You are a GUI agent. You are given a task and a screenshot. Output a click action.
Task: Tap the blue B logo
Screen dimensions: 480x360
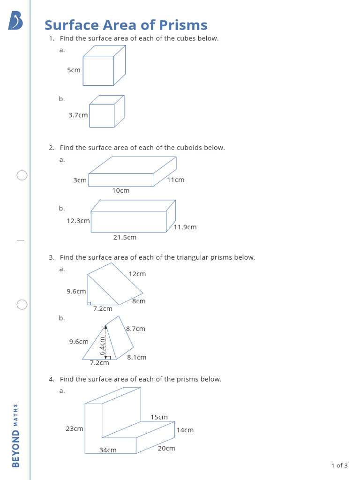pyautogui.click(x=15, y=21)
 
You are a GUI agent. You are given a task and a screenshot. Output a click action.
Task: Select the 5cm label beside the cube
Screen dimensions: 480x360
pyautogui.click(x=74, y=70)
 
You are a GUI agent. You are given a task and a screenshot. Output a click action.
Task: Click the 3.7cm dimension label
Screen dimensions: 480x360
pyautogui.click(x=78, y=115)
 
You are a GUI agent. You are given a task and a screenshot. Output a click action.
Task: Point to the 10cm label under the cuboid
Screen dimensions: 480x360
pyautogui.click(x=121, y=191)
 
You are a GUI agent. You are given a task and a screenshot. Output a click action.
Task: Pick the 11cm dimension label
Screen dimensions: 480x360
pyautogui.click(x=176, y=180)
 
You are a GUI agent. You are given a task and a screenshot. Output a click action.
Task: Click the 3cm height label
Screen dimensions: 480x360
pyautogui.click(x=80, y=180)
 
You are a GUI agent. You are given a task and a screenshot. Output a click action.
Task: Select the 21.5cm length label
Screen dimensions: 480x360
pyautogui.click(x=125, y=238)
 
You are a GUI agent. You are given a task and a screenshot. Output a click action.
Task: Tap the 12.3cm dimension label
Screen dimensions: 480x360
pyautogui.click(x=78, y=221)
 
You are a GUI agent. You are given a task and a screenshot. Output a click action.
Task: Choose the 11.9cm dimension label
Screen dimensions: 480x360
pyautogui.click(x=185, y=227)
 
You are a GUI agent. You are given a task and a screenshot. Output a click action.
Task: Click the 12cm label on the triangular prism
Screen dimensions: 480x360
pyautogui.click(x=137, y=274)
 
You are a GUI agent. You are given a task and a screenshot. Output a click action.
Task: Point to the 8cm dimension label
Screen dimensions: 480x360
pyautogui.click(x=139, y=301)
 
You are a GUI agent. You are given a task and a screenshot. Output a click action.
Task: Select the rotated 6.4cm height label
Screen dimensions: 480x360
pyautogui.click(x=102, y=346)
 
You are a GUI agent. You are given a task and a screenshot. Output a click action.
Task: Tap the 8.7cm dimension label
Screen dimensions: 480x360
pyautogui.click(x=135, y=329)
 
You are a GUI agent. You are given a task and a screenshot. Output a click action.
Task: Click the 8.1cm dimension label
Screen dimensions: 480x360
pyautogui.click(x=136, y=358)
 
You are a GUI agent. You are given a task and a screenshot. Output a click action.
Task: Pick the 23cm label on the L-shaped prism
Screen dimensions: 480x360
pyautogui.click(x=75, y=429)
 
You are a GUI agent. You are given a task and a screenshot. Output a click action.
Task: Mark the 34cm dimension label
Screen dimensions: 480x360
pyautogui.click(x=108, y=450)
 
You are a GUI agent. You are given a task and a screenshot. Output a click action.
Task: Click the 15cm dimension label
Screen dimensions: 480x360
pyautogui.click(x=159, y=417)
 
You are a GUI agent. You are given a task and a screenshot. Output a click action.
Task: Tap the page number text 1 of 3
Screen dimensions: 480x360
pyautogui.click(x=339, y=465)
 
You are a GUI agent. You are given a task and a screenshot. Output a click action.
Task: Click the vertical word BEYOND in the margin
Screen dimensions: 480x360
pyautogui.click(x=16, y=449)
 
